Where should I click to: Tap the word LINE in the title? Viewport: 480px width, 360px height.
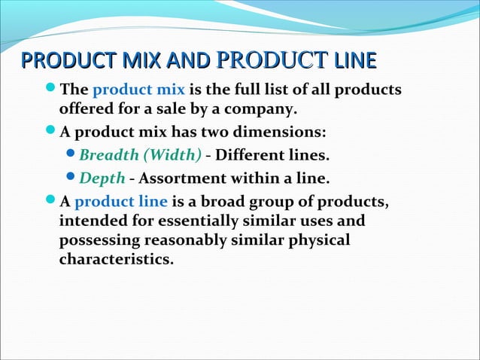[353, 63]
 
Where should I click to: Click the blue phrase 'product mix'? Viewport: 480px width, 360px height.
[138, 91]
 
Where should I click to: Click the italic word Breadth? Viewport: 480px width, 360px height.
[110, 156]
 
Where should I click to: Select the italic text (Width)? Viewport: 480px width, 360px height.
[172, 156]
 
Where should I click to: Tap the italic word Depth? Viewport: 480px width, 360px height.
[102, 178]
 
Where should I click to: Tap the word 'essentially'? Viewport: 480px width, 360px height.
[199, 221]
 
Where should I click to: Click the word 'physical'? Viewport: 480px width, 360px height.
[321, 241]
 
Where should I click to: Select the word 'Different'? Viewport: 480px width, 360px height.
[250, 156]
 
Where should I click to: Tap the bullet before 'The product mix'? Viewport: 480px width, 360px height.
[50, 91]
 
